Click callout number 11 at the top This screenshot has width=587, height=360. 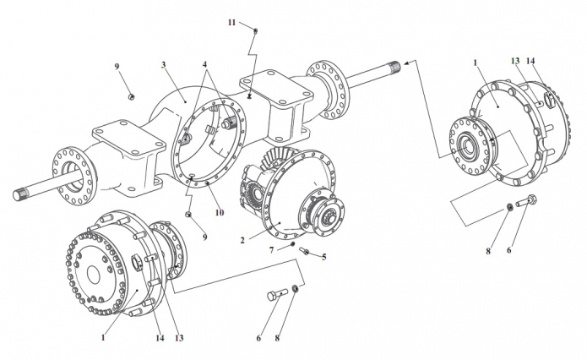[232, 23]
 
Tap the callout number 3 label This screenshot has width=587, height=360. [163, 65]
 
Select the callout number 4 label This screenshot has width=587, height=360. [204, 64]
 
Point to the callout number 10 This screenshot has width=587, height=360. [220, 212]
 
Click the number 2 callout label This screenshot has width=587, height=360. [242, 241]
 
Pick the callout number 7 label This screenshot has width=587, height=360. [272, 250]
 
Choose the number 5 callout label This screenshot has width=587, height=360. [323, 257]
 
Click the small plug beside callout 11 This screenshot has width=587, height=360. [256, 30]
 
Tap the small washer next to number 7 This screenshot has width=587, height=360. [292, 244]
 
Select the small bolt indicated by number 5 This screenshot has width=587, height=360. [303, 251]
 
